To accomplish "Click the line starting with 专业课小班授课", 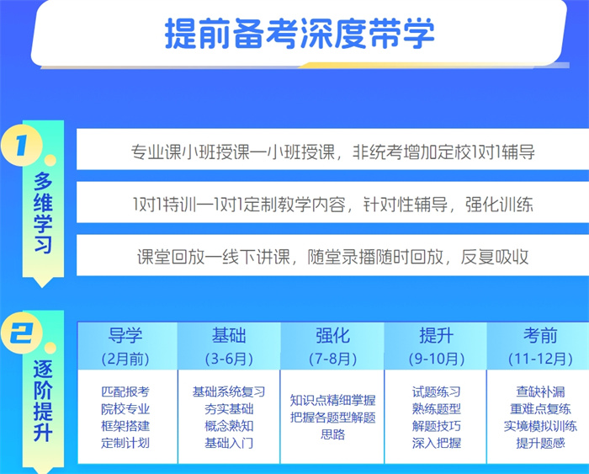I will [x=333, y=152].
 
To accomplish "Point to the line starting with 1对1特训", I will [x=333, y=205].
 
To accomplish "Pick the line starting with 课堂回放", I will [x=333, y=257].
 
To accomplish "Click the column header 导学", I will [x=125, y=336].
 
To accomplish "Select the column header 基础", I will [x=229, y=336].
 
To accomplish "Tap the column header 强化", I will [x=332, y=336].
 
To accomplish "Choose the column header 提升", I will [x=436, y=336].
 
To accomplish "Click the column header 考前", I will [x=540, y=336].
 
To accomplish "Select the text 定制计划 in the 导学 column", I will [x=125, y=443].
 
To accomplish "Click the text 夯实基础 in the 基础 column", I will [x=229, y=408].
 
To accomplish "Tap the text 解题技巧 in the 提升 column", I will [x=436, y=426].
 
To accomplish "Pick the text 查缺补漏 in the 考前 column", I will [x=540, y=391].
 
